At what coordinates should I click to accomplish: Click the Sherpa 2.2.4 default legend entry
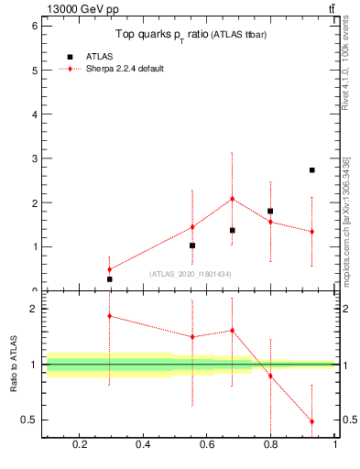(x=125, y=69)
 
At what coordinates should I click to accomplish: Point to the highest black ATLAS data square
(x=312, y=170)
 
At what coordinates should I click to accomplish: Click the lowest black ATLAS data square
(x=109, y=279)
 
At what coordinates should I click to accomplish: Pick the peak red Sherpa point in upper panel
(x=233, y=199)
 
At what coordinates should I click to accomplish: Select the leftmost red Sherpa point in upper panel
(x=109, y=269)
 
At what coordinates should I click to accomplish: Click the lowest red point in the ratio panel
(x=312, y=421)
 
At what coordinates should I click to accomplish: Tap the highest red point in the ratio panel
(x=109, y=316)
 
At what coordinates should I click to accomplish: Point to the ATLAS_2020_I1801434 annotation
(x=191, y=274)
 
